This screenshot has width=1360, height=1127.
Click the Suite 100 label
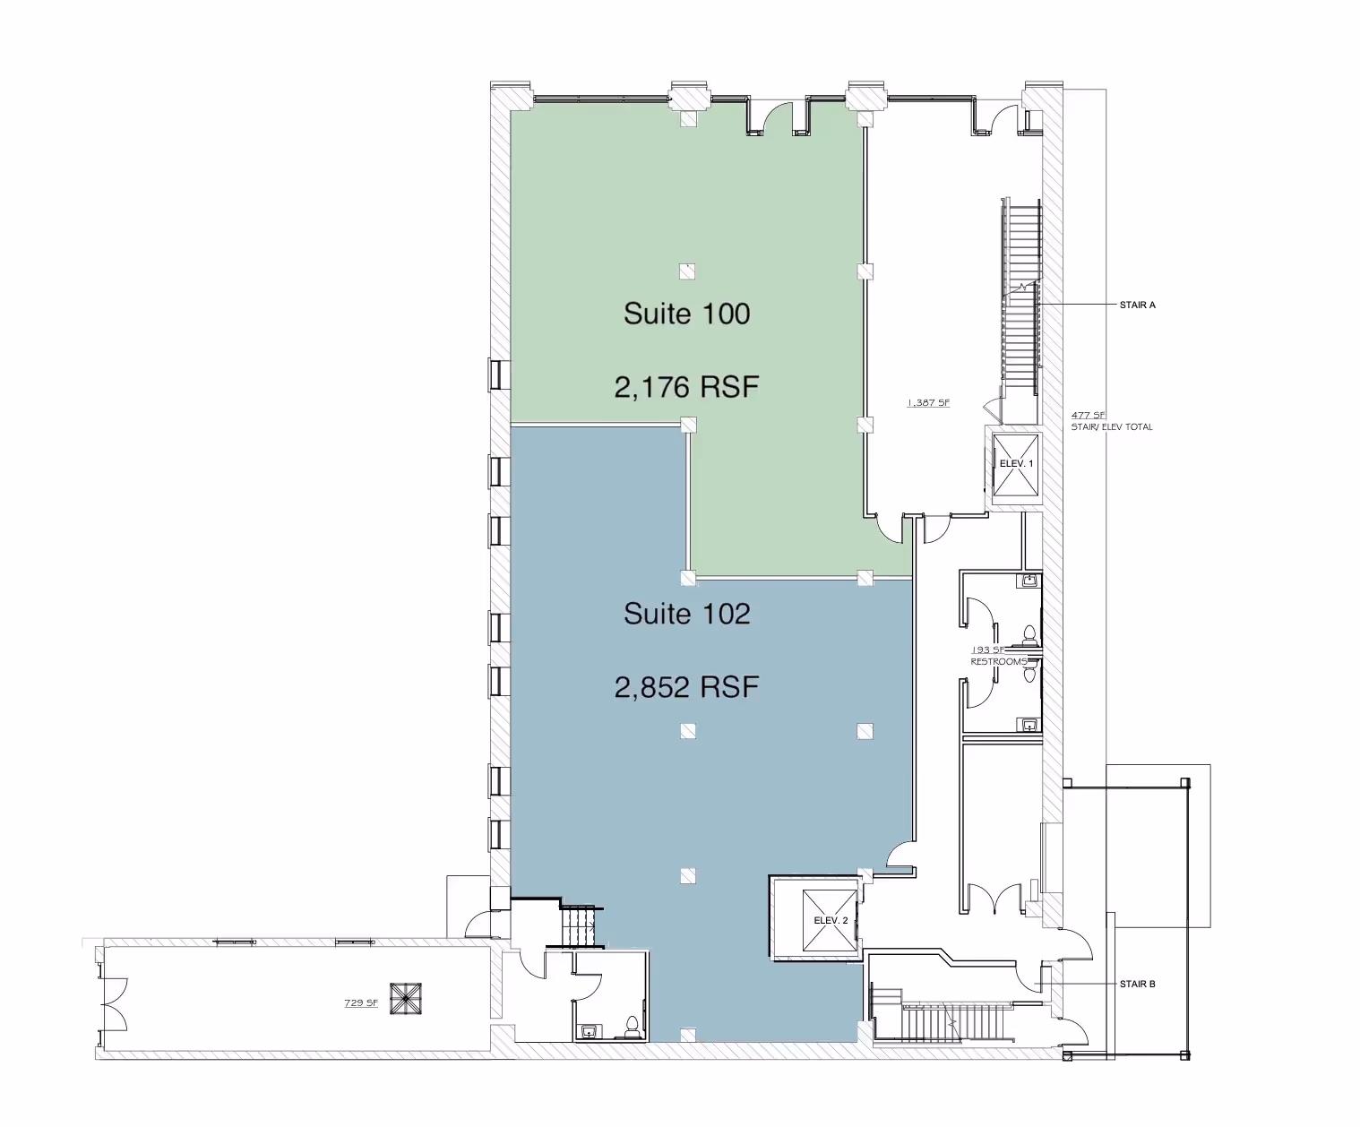pyautogui.click(x=686, y=314)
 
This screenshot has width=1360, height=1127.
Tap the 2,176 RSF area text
pyautogui.click(x=686, y=387)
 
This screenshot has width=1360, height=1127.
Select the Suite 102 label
pyautogui.click(x=686, y=614)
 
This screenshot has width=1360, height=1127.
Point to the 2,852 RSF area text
pyautogui.click(x=686, y=687)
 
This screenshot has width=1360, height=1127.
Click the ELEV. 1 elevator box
pyautogui.click(x=1017, y=463)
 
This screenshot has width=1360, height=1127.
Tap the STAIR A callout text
pyautogui.click(x=1137, y=305)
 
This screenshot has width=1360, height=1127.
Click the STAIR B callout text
pyautogui.click(x=1137, y=984)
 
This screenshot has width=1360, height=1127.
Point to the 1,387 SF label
pyautogui.click(x=927, y=403)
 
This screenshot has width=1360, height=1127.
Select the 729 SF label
pyautogui.click(x=359, y=1002)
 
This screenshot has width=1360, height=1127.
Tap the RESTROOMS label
pyautogui.click(x=998, y=661)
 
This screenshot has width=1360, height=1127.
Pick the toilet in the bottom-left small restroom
pyautogui.click(x=632, y=1026)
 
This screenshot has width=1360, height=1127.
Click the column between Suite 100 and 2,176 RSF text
pyautogui.click(x=687, y=271)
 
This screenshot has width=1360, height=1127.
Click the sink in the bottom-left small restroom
pyautogui.click(x=588, y=1031)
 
